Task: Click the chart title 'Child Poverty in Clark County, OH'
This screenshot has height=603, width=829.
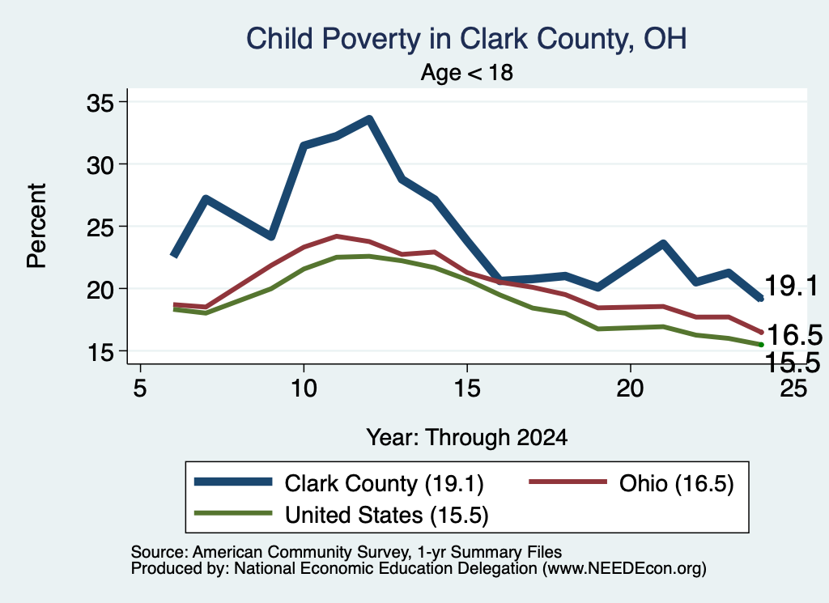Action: (466, 39)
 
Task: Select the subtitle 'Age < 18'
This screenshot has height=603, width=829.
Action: (467, 72)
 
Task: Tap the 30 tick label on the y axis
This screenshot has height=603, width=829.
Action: (100, 165)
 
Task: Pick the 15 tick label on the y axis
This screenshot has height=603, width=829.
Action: (100, 352)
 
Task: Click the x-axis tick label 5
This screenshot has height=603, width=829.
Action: (139, 389)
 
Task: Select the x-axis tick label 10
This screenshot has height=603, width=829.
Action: (304, 389)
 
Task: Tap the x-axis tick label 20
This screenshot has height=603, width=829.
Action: (630, 389)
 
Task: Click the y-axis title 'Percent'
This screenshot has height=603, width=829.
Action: (36, 226)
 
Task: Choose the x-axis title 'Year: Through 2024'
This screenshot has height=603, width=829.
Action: (467, 438)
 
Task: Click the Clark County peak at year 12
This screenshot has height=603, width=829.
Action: (369, 119)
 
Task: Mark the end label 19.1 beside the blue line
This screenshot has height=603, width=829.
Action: (792, 286)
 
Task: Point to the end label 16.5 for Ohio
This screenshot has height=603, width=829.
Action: (795, 334)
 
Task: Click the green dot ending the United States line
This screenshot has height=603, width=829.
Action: (761, 345)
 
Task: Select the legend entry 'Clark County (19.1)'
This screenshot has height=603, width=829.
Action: (339, 483)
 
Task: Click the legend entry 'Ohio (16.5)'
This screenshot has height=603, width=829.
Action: (631, 483)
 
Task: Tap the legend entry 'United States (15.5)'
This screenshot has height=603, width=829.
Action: (342, 515)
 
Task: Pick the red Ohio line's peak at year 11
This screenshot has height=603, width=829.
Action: (336, 236)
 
